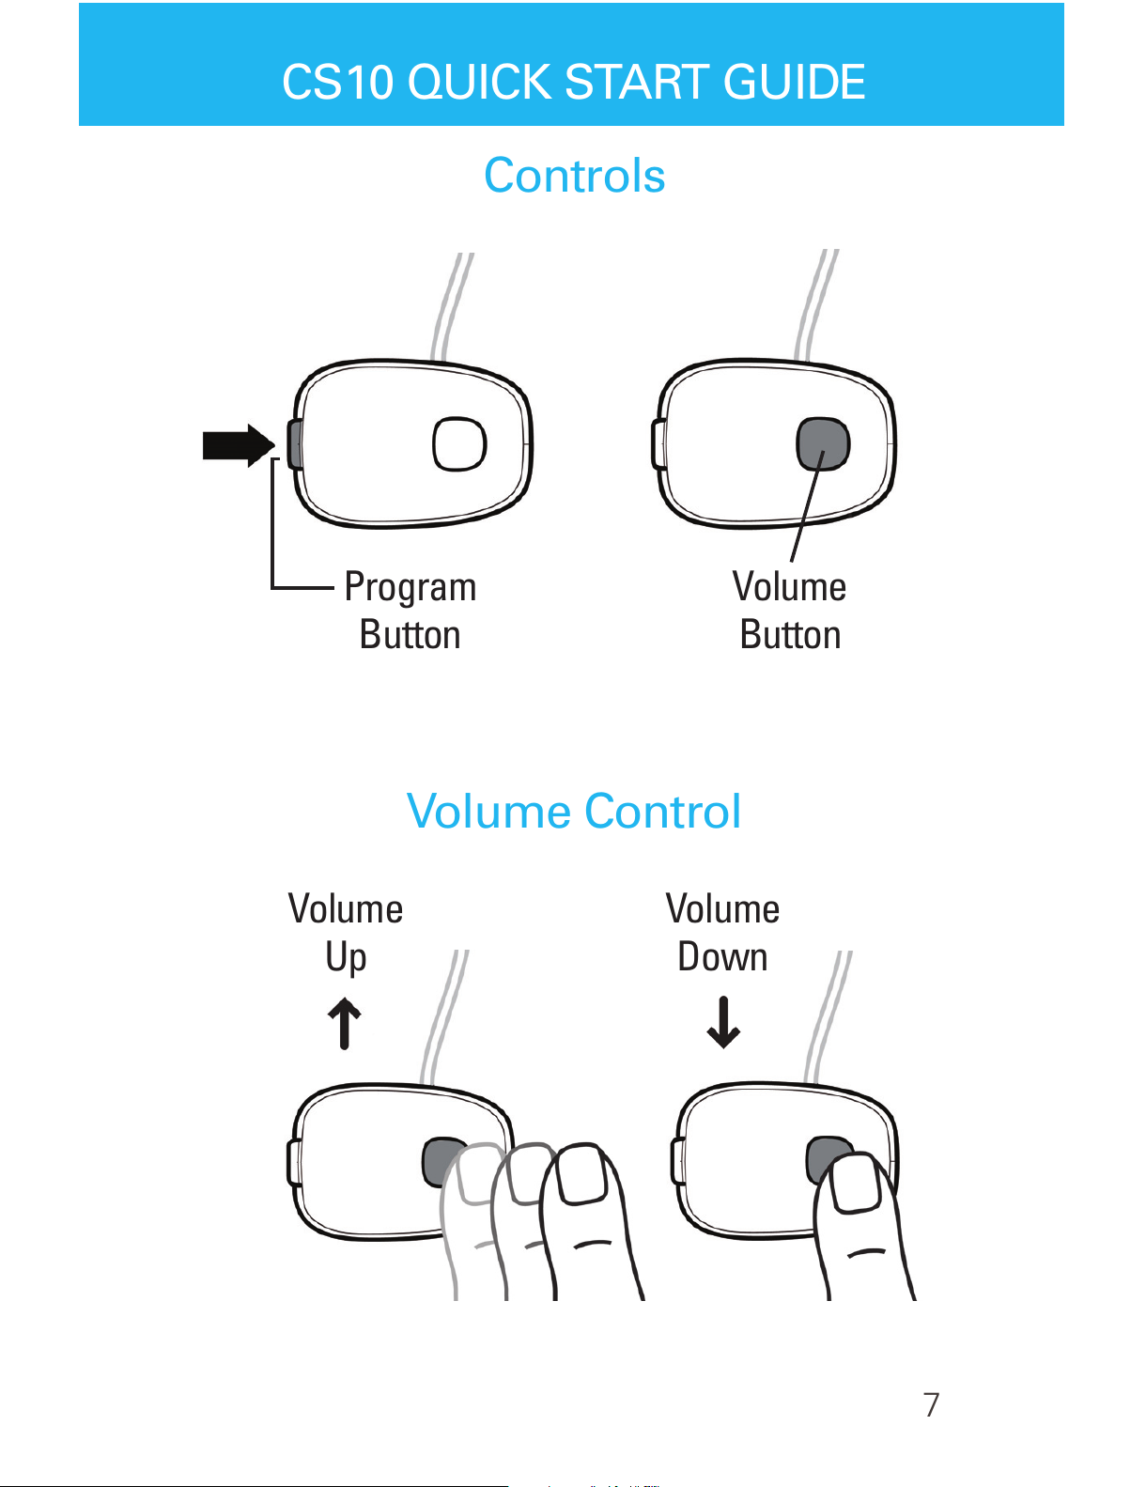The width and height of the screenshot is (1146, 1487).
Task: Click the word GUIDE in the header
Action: (x=794, y=82)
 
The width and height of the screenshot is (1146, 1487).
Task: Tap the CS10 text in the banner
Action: (x=338, y=82)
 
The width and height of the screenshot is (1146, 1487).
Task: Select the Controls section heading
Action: (x=574, y=176)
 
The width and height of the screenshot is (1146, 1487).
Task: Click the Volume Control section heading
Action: (x=573, y=811)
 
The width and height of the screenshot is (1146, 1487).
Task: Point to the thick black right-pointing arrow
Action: (x=239, y=445)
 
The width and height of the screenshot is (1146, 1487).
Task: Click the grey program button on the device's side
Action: (x=295, y=444)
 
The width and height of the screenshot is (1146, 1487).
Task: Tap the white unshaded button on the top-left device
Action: (x=459, y=444)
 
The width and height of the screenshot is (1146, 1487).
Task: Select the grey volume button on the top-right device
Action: (x=823, y=444)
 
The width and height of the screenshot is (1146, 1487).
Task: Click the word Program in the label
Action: (x=410, y=587)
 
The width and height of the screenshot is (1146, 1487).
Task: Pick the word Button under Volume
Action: (x=790, y=634)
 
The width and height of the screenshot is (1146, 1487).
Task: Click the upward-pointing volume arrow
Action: (x=345, y=1023)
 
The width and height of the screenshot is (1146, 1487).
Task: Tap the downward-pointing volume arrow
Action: (x=723, y=1022)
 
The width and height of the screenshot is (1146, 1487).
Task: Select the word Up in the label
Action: (x=346, y=957)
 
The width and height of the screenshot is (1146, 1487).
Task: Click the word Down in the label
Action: (x=722, y=956)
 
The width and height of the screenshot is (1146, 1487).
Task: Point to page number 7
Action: (x=931, y=1405)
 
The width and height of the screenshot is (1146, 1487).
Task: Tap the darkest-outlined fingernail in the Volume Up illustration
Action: (x=581, y=1173)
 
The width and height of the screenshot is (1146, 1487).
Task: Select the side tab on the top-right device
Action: (x=658, y=444)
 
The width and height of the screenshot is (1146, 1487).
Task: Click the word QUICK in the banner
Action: (x=480, y=82)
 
